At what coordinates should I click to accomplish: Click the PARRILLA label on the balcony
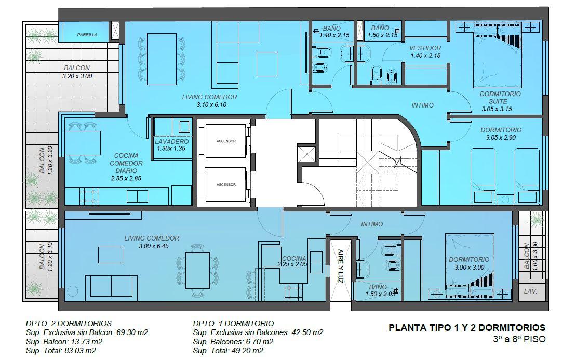87,35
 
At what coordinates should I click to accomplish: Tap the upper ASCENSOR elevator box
225,141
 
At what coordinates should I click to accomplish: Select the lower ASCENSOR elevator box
225,184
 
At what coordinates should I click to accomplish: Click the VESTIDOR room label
425,48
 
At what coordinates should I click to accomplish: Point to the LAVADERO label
171,141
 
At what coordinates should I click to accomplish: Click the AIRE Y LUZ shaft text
341,266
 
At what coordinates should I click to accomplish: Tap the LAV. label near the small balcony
530,291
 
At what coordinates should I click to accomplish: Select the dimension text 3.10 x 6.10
211,105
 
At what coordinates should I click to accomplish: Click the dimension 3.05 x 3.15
497,109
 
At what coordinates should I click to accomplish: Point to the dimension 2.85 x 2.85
126,179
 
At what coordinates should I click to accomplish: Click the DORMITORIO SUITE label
500,97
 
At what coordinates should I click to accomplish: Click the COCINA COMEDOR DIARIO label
126,163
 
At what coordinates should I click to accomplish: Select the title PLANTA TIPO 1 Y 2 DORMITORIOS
467,328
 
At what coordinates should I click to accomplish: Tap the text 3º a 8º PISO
519,339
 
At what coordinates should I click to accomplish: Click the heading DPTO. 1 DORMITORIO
233,323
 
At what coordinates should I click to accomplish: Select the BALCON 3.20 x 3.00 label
77,72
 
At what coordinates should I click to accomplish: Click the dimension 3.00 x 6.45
154,246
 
